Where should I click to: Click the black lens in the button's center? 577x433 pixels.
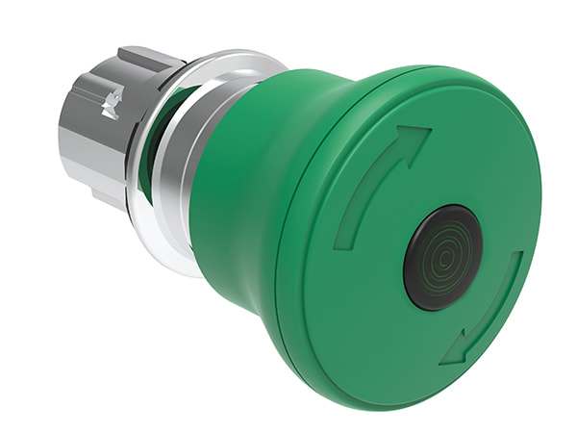click(442, 256)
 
